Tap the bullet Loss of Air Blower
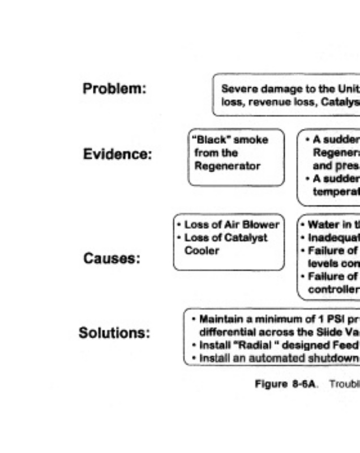tap(232, 225)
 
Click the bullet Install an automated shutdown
tap(272, 357)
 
